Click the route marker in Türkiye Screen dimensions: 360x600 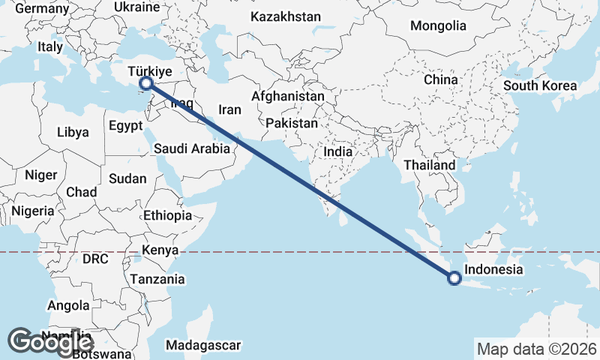click(x=147, y=83)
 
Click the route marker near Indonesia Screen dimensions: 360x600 click(x=454, y=278)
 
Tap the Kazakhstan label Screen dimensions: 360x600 click(x=286, y=16)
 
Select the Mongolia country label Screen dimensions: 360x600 click(x=438, y=25)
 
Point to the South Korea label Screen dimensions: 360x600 click(x=540, y=85)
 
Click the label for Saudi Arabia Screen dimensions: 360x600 click(x=192, y=148)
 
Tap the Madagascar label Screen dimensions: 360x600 click(x=203, y=345)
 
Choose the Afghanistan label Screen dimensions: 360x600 click(x=288, y=97)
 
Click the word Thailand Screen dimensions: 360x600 click(x=429, y=165)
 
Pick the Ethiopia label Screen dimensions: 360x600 click(x=168, y=215)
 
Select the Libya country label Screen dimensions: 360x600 click(x=73, y=132)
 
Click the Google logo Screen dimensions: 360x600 click(x=50, y=342)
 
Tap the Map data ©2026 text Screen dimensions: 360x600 click(x=536, y=349)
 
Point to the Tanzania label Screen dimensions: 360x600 click(x=157, y=279)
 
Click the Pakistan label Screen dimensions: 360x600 click(x=292, y=122)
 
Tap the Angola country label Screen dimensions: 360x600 click(x=68, y=306)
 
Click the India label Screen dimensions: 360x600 click(x=338, y=151)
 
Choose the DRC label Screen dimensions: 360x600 click(x=96, y=259)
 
